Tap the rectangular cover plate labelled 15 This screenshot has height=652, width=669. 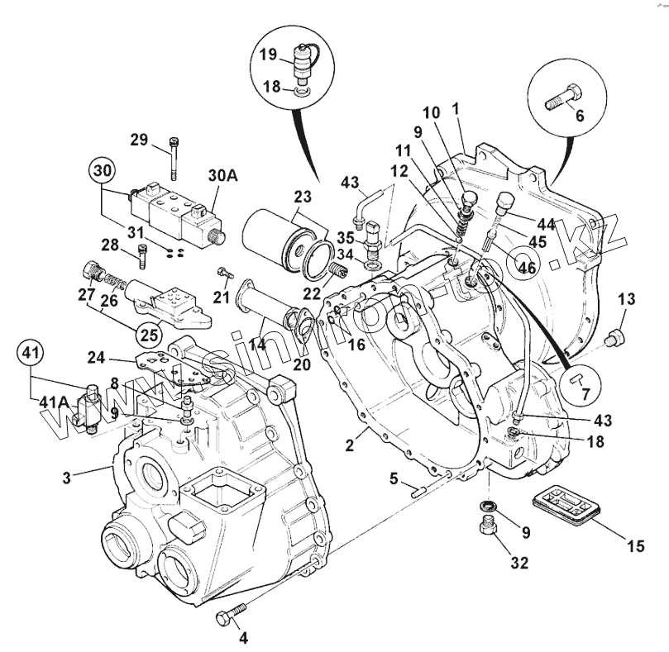[x=567, y=505]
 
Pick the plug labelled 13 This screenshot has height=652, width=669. [x=614, y=336]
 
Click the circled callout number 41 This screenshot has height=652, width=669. [x=31, y=354]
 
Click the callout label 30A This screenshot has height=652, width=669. [x=222, y=175]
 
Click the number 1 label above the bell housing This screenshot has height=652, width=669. [x=455, y=108]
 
